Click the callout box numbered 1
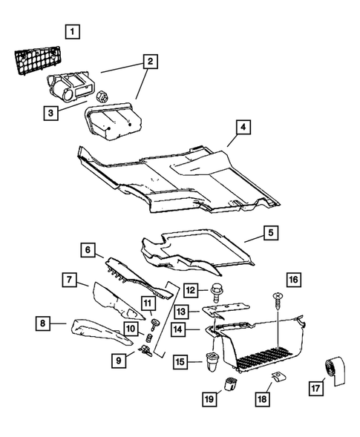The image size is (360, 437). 72,32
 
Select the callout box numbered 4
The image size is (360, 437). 243,127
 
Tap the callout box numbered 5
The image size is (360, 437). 272,233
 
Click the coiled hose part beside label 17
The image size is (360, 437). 330,371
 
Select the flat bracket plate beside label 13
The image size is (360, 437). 226,309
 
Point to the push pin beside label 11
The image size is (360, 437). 156,321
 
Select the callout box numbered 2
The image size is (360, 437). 151,62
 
